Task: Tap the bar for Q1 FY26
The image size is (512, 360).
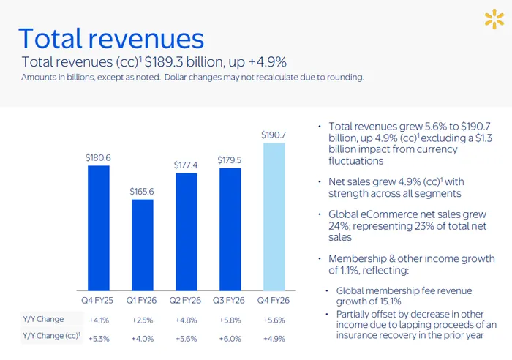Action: (143, 245)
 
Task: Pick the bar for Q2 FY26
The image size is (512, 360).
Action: (187, 232)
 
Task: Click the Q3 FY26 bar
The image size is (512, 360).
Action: (230, 230)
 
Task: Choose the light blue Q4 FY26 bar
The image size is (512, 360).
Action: (274, 217)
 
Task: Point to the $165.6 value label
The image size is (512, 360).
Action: (143, 191)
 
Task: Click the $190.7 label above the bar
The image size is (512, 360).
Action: (274, 135)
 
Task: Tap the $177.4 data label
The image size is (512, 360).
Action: (187, 165)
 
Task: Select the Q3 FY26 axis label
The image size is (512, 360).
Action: (230, 301)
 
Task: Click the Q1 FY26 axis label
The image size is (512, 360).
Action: (143, 301)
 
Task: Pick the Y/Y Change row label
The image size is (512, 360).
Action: (43, 320)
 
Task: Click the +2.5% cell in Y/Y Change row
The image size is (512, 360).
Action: (143, 320)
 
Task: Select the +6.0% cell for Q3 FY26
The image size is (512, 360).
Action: (230, 338)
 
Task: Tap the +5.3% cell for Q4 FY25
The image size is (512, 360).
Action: (99, 338)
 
